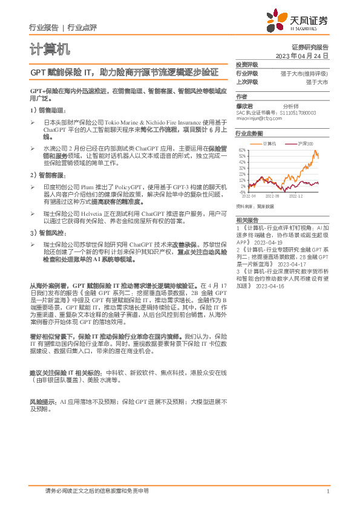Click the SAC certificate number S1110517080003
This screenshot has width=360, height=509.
[x=302, y=112]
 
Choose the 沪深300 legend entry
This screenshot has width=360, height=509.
[x=306, y=143]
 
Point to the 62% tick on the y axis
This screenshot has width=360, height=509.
[x=241, y=150]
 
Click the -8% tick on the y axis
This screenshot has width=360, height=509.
[x=242, y=192]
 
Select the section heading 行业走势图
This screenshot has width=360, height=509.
[x=249, y=133]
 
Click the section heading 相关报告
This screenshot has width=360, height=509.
[x=247, y=220]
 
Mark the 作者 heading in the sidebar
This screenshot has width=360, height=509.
[x=241, y=96]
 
